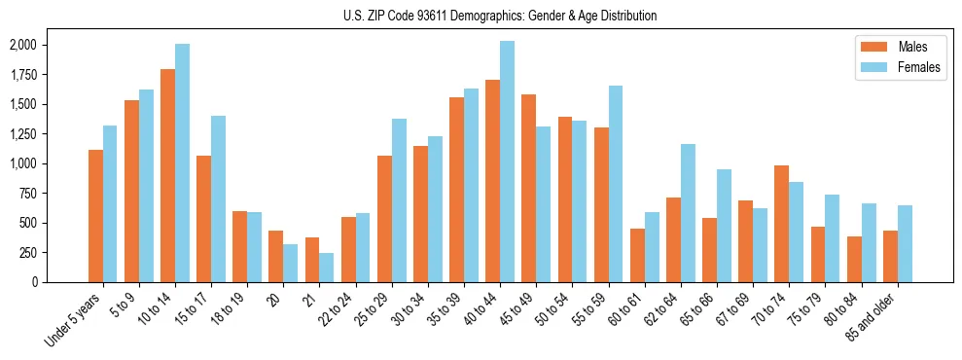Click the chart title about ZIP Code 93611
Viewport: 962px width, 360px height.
point(500,16)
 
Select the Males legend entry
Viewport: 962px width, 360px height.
point(899,47)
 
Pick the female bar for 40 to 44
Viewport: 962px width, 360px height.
point(508,162)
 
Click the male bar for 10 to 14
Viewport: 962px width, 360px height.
point(167,175)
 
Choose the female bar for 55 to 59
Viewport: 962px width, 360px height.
point(616,184)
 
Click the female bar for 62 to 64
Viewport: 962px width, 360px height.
point(688,213)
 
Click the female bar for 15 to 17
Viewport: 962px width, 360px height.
point(218,198)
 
